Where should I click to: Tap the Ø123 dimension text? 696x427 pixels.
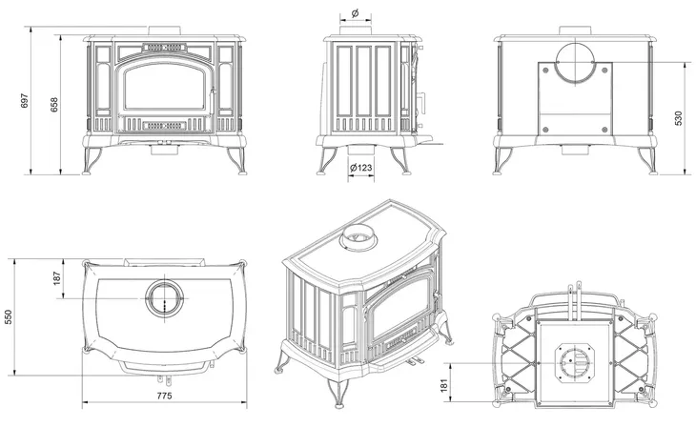point(361,169)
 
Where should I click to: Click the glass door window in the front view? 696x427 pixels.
point(165,91)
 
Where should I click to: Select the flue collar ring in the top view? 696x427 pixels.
point(162,297)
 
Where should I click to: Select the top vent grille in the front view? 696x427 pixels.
point(164,46)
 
